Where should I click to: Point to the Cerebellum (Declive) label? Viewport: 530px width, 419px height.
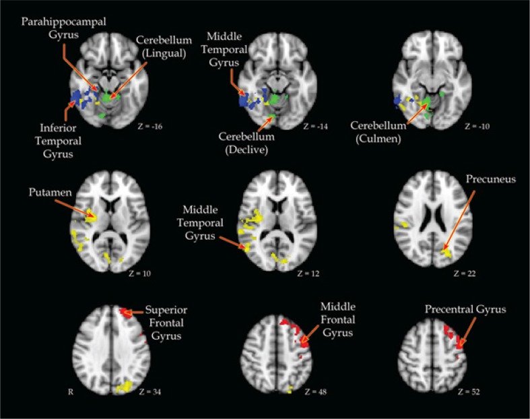tap(244, 143)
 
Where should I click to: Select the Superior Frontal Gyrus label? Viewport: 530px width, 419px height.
tap(166, 321)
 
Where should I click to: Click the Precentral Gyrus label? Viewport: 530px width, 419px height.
tap(465, 309)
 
